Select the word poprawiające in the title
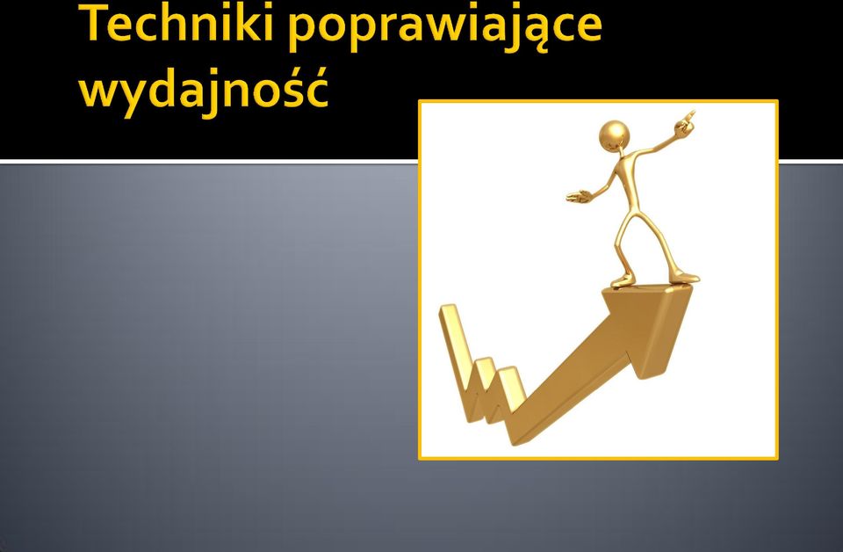coord(444,27)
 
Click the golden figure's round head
coord(614,134)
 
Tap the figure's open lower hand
coord(578,196)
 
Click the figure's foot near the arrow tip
coord(684,278)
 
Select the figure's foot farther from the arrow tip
coord(622,281)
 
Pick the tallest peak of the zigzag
coord(449,309)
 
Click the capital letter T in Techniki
coord(100,23)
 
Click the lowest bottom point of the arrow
coord(515,445)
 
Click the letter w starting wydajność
coord(97,93)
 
